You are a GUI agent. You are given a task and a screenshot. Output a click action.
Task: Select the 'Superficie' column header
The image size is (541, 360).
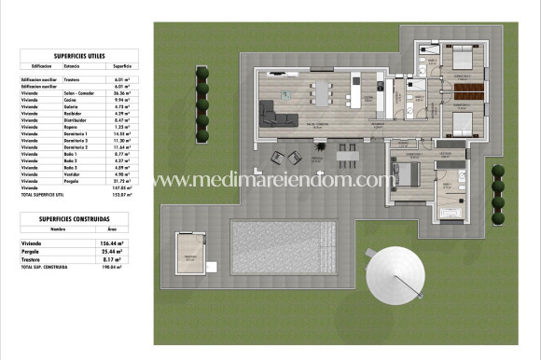(122, 67)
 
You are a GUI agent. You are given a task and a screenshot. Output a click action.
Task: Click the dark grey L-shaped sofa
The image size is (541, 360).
(281, 114)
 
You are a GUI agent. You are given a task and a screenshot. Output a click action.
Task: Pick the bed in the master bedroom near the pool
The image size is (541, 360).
(407, 173)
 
